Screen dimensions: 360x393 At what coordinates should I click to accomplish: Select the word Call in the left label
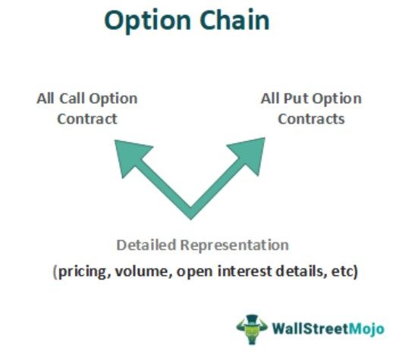click(74, 99)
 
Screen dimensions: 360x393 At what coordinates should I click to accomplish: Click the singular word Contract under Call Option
click(88, 119)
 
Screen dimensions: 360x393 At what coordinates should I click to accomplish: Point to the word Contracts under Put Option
click(311, 119)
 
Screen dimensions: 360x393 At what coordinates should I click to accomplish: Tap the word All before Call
click(46, 99)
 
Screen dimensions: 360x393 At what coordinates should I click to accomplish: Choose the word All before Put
click(272, 99)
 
